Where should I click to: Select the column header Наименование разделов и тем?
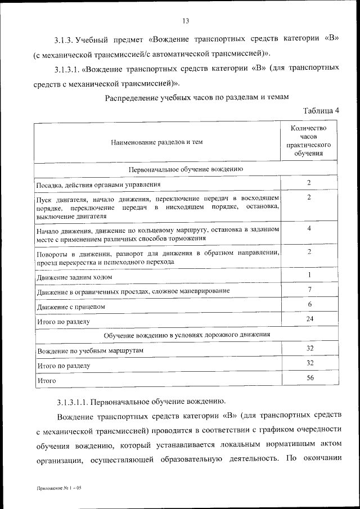(157, 142)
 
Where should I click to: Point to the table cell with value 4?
(309, 229)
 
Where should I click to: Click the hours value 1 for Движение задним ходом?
(309, 274)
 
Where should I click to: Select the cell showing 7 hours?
(309, 290)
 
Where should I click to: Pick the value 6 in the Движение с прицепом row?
(309, 304)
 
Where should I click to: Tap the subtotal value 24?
(309, 319)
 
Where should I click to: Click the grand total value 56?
(309, 378)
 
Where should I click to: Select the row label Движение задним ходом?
(74, 277)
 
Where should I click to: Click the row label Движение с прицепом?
(71, 307)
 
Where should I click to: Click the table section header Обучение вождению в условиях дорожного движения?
(187, 335)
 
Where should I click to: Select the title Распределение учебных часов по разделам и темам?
(197, 97)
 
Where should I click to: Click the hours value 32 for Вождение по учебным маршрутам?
(309, 349)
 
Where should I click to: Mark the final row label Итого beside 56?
(46, 381)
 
